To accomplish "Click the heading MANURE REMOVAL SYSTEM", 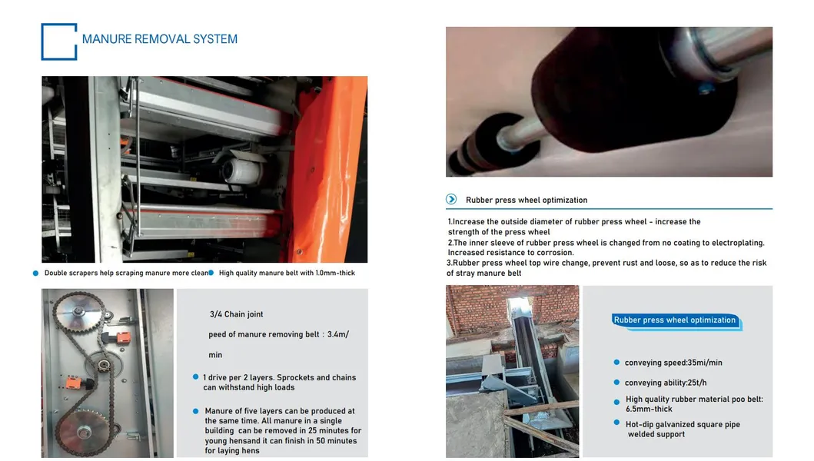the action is pyautogui.click(x=159, y=39).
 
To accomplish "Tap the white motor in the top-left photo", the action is pyautogui.click(x=241, y=167).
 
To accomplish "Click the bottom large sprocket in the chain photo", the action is pyautogui.click(x=84, y=432).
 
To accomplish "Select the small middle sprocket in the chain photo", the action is pyautogui.click(x=103, y=364).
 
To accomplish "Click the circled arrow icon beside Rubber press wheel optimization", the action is pyautogui.click(x=451, y=199).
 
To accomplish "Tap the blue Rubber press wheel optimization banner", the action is pyautogui.click(x=675, y=320).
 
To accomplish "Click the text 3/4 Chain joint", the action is pyautogui.click(x=236, y=314).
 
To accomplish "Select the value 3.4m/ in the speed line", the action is pyautogui.click(x=338, y=334).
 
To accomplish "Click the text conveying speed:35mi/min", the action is pyautogui.click(x=673, y=363).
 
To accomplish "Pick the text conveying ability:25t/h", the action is pyautogui.click(x=666, y=383).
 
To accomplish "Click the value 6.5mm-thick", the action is pyautogui.click(x=649, y=409).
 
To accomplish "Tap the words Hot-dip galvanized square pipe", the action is pyautogui.click(x=683, y=424).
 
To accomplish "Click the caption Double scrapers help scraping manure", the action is pyautogui.click(x=117, y=273).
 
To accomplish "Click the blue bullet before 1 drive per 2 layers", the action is pyautogui.click(x=196, y=377).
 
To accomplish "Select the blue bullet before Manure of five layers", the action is pyautogui.click(x=196, y=410).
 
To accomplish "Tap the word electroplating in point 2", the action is pyautogui.click(x=738, y=243).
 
